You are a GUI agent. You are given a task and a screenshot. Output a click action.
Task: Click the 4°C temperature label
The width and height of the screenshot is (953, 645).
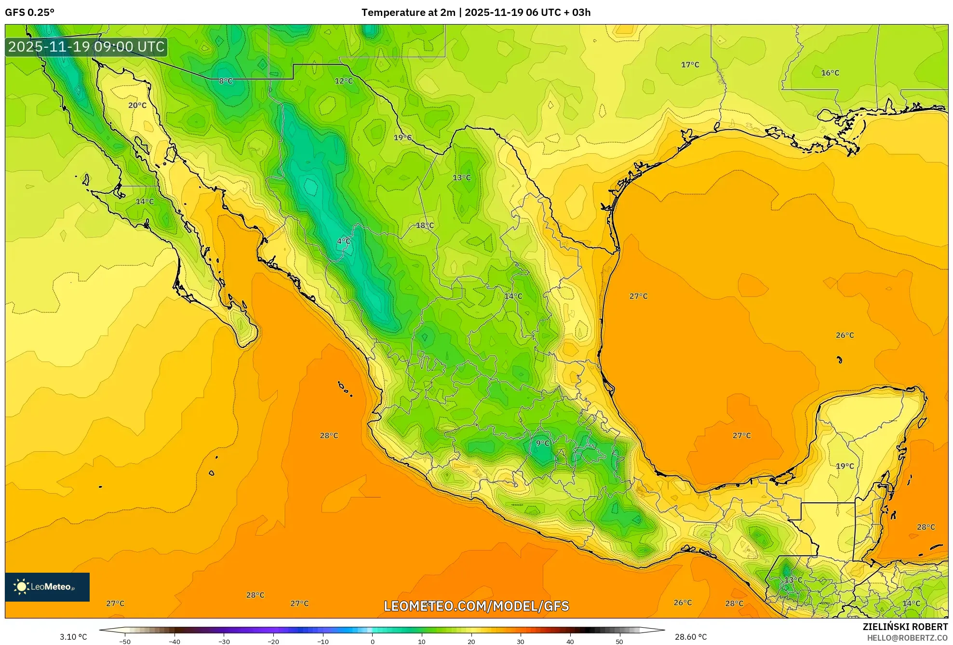(343, 241)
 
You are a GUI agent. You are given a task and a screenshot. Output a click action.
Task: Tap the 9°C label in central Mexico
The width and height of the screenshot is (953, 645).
(542, 443)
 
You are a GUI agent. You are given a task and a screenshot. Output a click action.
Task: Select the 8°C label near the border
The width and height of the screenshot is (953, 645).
(226, 81)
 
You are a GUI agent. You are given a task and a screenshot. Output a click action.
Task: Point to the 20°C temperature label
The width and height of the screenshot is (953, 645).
(137, 105)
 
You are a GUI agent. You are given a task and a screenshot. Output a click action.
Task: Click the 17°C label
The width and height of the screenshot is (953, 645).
(690, 65)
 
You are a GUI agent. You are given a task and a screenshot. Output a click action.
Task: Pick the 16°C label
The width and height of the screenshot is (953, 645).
(830, 73)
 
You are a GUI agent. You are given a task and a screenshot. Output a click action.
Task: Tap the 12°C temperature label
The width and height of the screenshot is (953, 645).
(344, 81)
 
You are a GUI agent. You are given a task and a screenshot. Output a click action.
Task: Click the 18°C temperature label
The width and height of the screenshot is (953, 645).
(425, 225)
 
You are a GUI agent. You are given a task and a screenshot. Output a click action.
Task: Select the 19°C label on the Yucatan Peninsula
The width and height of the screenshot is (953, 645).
(845, 466)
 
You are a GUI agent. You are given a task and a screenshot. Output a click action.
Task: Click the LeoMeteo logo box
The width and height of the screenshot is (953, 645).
(47, 587)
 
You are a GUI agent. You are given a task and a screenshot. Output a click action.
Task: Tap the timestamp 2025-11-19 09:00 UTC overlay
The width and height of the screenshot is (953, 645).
(87, 47)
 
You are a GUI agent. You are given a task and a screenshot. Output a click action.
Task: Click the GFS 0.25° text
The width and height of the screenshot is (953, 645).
(30, 13)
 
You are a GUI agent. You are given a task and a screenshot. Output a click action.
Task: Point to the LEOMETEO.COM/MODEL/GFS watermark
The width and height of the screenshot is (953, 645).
(476, 606)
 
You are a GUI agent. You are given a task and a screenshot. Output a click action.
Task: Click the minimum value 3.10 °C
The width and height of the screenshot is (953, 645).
(73, 637)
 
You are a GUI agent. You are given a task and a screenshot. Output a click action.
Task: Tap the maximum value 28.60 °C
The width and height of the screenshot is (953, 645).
(691, 637)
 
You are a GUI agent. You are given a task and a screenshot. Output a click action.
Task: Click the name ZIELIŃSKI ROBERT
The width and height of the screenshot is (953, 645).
(905, 627)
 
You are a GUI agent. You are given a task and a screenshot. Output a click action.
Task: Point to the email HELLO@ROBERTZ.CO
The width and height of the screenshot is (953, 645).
(907, 638)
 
